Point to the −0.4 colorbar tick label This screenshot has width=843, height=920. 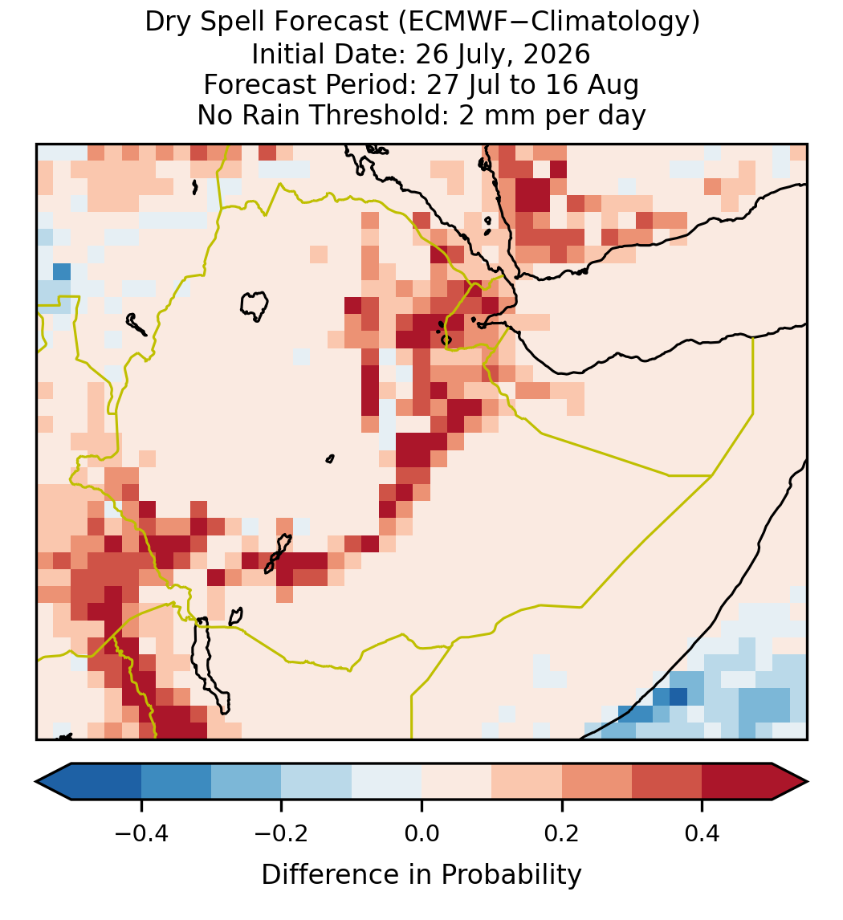(140, 833)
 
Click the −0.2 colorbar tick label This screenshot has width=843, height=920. (281, 833)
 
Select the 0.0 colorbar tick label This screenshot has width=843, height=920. (421, 833)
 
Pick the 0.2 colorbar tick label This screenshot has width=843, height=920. (562, 833)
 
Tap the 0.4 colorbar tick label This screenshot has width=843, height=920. (702, 833)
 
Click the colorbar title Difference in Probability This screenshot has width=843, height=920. (421, 875)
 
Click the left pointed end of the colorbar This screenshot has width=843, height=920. (36, 782)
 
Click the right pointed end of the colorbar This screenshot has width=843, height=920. (808, 782)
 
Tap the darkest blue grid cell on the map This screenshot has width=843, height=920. (678, 697)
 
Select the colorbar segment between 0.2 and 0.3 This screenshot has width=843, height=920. (597, 782)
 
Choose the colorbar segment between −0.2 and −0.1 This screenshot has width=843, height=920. (316, 782)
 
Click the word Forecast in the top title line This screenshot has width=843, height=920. (332, 22)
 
